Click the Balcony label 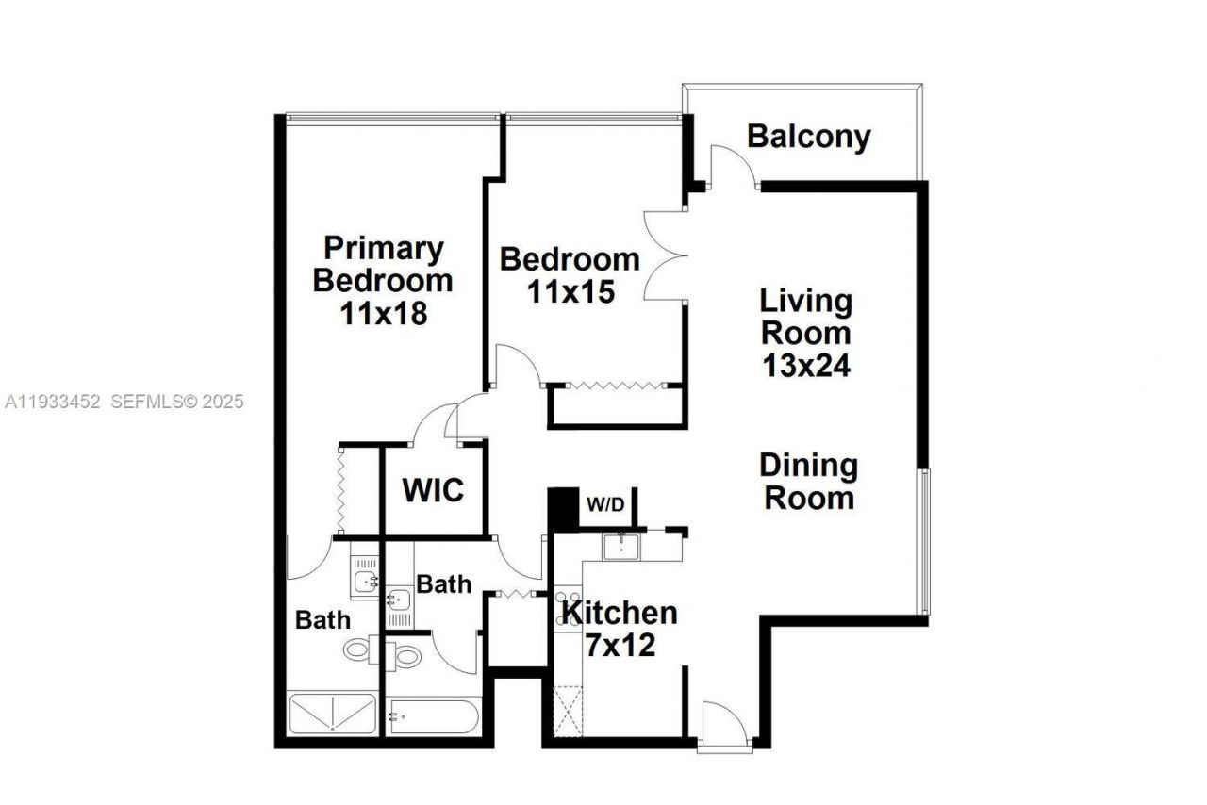click(x=808, y=137)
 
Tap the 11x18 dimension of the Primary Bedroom click(x=384, y=312)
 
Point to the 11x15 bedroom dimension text click(x=570, y=291)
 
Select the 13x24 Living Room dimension click(x=806, y=365)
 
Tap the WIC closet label click(x=433, y=491)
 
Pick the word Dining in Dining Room click(x=809, y=466)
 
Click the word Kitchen click(x=620, y=614)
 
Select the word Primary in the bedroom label click(x=384, y=249)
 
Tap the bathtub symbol click(x=433, y=716)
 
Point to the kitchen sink click(x=622, y=546)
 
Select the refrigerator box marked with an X click(x=568, y=712)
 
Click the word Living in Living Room click(x=806, y=303)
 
